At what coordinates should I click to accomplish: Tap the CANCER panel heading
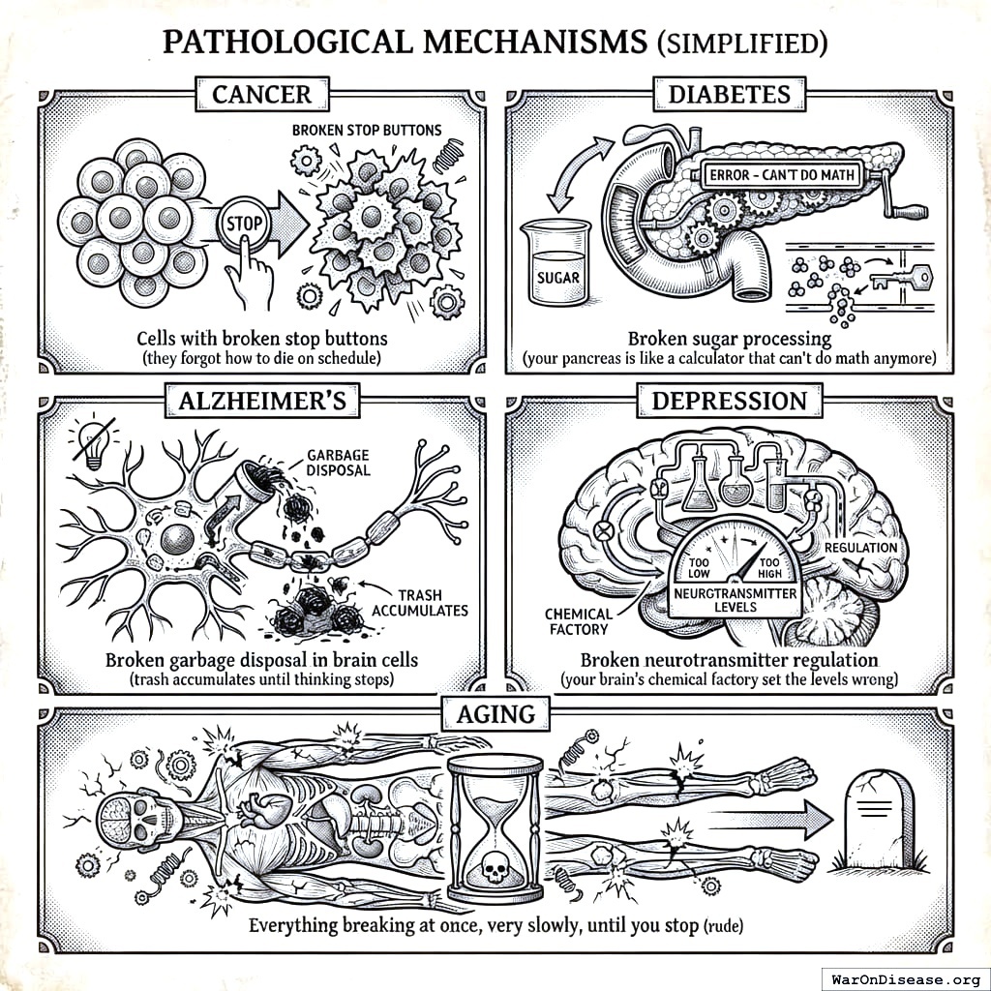click(x=261, y=94)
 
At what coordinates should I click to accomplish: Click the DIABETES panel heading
click(x=730, y=94)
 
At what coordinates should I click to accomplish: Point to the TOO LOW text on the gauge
click(x=698, y=567)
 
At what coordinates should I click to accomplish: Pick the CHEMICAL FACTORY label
click(x=578, y=621)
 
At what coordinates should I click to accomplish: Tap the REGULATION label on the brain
click(x=860, y=548)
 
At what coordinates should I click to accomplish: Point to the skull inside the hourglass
click(x=495, y=870)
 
